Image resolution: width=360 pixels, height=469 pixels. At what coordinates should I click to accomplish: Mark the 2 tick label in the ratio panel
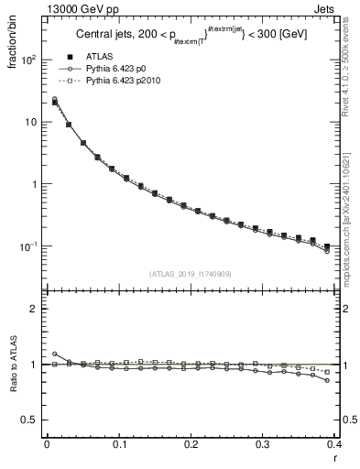33,309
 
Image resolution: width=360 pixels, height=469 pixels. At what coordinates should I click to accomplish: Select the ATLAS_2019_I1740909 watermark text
190,273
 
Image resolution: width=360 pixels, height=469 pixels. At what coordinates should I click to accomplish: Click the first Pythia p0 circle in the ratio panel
55,354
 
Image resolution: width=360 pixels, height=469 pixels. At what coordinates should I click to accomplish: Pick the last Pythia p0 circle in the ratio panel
327,380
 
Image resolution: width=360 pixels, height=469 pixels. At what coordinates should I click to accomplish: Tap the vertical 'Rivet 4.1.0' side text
352,64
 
